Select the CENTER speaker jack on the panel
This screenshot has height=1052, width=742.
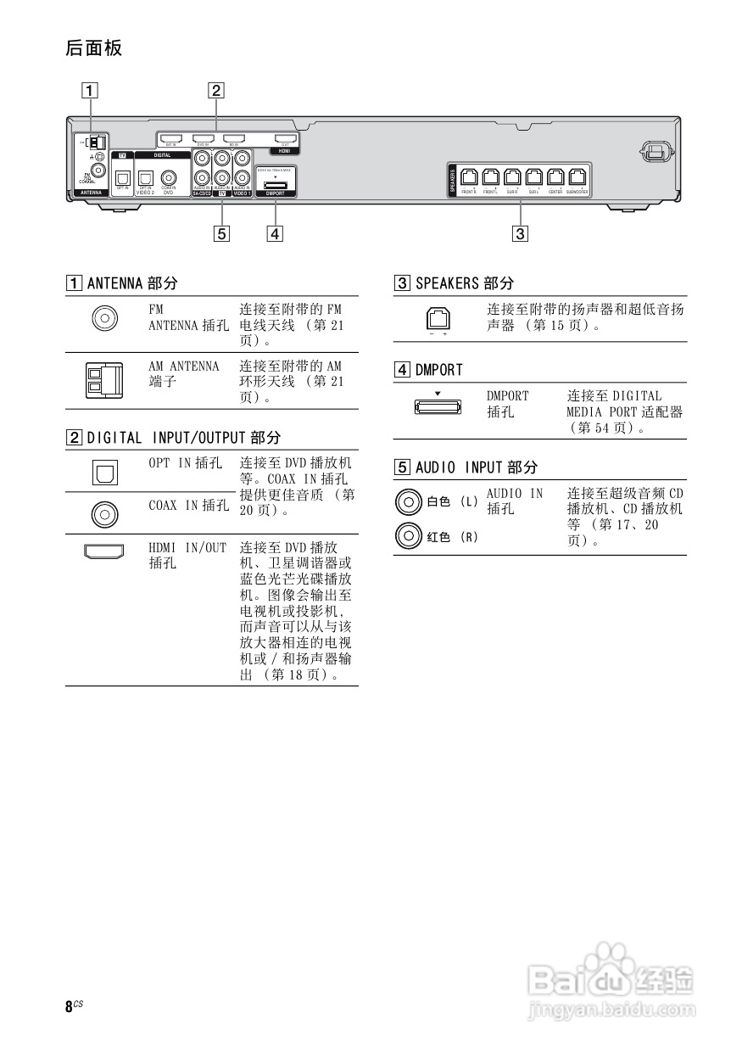(x=555, y=177)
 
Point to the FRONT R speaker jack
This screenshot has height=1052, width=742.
(x=468, y=177)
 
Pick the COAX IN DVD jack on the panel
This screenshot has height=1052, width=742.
(x=168, y=177)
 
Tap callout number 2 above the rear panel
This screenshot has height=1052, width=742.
(x=216, y=89)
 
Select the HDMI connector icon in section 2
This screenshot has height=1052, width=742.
(x=104, y=552)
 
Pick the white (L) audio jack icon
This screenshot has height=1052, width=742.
(x=408, y=501)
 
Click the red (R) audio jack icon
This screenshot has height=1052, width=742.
(x=408, y=535)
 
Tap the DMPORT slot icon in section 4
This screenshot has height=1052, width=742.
(x=438, y=406)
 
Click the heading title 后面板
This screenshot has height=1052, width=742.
(x=93, y=48)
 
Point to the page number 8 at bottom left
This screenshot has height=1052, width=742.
(x=69, y=1007)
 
